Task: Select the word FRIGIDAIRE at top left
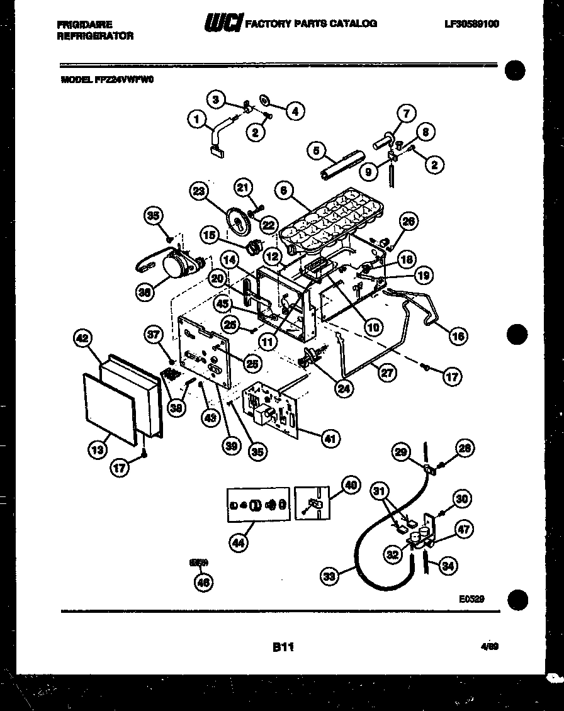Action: (x=85, y=25)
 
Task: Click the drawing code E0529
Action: (x=471, y=600)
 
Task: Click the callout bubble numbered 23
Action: (x=200, y=191)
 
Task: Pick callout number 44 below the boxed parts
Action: (x=238, y=544)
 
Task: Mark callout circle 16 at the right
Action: (x=458, y=336)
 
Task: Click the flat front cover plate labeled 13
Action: (x=110, y=409)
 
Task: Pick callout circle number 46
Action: (x=203, y=583)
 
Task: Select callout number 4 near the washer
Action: (x=294, y=111)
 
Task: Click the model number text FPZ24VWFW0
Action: (x=125, y=80)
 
